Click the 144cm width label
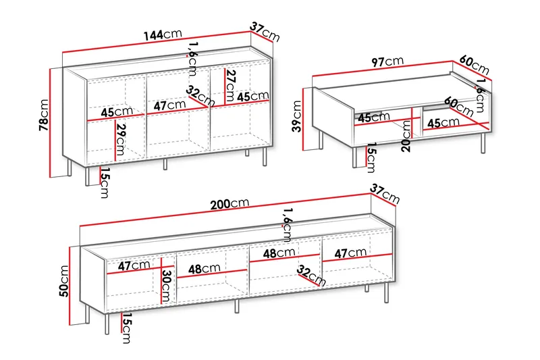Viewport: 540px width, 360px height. point(162,34)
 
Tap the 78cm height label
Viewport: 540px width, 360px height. point(44,115)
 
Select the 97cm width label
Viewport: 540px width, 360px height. point(387,62)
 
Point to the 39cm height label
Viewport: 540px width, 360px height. point(296,116)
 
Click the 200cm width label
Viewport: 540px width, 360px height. point(230,204)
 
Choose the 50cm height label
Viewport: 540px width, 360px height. point(64,281)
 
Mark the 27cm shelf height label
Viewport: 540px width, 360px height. point(230,85)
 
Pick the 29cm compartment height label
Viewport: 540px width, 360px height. point(121,140)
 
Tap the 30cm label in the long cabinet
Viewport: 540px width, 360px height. point(166,286)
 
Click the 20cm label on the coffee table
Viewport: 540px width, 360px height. point(406,136)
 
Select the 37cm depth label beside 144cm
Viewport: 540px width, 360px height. point(265,32)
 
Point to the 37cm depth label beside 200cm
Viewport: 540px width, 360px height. point(385,194)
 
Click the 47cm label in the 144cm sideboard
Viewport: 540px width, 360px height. point(169,105)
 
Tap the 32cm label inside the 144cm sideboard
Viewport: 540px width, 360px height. point(200,96)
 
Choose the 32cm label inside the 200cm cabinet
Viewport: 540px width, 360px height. point(311,276)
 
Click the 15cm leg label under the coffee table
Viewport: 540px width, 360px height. point(371,157)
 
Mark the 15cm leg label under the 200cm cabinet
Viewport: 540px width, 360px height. point(126,328)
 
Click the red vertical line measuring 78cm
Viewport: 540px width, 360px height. point(50,123)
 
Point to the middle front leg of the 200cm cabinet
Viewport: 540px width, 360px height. point(237,305)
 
